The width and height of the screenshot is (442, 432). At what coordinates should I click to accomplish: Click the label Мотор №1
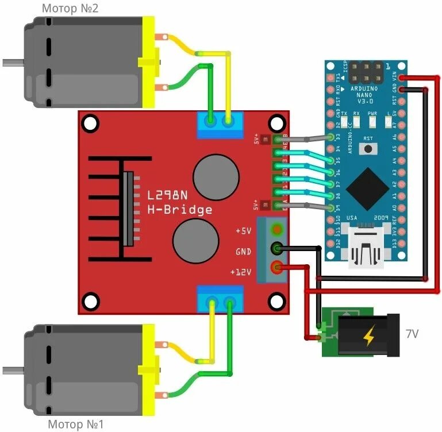[x=76, y=425]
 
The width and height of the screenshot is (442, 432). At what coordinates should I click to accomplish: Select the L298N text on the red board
[x=171, y=195]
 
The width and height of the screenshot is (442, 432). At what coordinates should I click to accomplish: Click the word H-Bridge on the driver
[x=180, y=210]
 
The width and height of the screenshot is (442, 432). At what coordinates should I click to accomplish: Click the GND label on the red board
[x=243, y=252]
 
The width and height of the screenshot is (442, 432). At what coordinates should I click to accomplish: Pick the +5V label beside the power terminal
[x=243, y=231]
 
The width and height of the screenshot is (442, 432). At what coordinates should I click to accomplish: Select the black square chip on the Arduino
[x=368, y=189]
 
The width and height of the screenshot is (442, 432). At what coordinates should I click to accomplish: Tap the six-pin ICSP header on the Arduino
[x=367, y=72]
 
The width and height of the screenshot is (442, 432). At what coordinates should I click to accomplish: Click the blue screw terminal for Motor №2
[x=220, y=125]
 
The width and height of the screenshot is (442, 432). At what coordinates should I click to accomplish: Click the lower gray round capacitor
[x=195, y=240]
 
